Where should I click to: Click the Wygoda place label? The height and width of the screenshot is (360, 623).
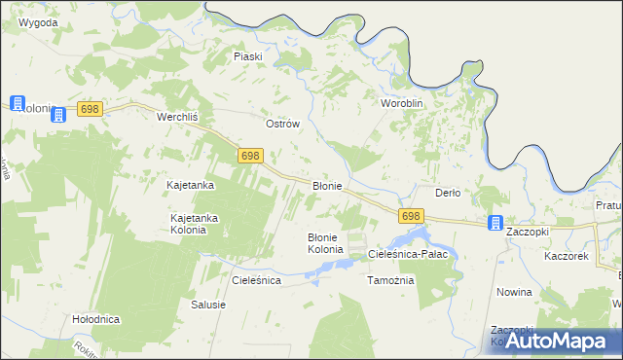(x=38, y=21)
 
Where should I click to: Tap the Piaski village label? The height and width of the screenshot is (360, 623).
(x=248, y=56)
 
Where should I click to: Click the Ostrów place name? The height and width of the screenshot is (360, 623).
(x=282, y=125)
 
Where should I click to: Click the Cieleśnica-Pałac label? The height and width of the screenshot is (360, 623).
(x=407, y=254)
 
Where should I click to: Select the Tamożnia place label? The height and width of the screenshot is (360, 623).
(x=390, y=280)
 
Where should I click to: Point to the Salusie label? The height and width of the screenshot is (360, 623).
(x=208, y=305)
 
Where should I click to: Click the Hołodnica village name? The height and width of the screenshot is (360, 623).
(x=95, y=319)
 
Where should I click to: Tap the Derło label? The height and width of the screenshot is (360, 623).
(x=447, y=193)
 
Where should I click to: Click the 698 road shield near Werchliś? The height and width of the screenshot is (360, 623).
(x=91, y=110)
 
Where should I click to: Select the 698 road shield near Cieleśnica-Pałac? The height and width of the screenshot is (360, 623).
(x=411, y=216)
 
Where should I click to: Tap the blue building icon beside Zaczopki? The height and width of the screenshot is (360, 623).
(x=495, y=223)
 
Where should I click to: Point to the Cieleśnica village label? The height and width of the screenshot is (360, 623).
(x=256, y=280)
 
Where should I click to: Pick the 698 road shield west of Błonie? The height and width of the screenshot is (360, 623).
(x=250, y=156)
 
